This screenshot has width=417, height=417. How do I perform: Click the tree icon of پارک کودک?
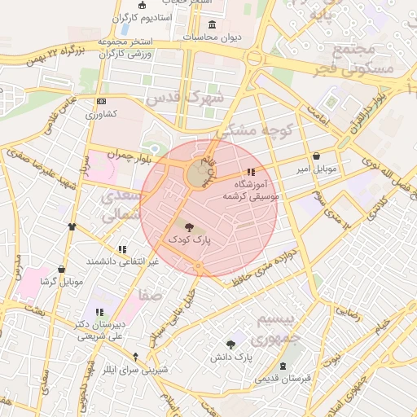[x=189, y=227]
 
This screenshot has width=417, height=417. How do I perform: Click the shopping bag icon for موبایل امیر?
[x=315, y=156]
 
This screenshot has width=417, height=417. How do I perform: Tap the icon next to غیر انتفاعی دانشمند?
[x=122, y=249]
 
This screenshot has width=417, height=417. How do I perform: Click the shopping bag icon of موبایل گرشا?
[x=62, y=269]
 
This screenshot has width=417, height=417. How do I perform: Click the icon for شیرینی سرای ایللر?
[x=136, y=357]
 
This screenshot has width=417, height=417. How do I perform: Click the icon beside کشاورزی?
[x=101, y=101]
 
